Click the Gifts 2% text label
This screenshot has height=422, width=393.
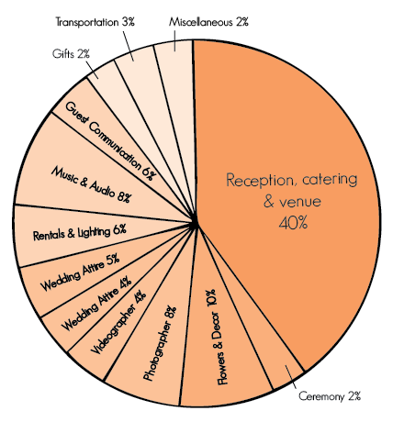(x=71, y=54)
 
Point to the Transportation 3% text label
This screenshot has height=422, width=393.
(x=95, y=22)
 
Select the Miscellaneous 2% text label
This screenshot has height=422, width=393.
(x=208, y=22)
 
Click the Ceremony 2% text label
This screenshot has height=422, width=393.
(x=330, y=396)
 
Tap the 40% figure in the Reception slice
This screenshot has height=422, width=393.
(x=293, y=223)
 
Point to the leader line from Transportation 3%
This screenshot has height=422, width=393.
(x=129, y=46)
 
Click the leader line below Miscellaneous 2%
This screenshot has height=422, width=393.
(x=174, y=40)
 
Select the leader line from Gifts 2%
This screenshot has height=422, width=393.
(x=92, y=70)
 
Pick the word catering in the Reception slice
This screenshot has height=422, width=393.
(x=330, y=180)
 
